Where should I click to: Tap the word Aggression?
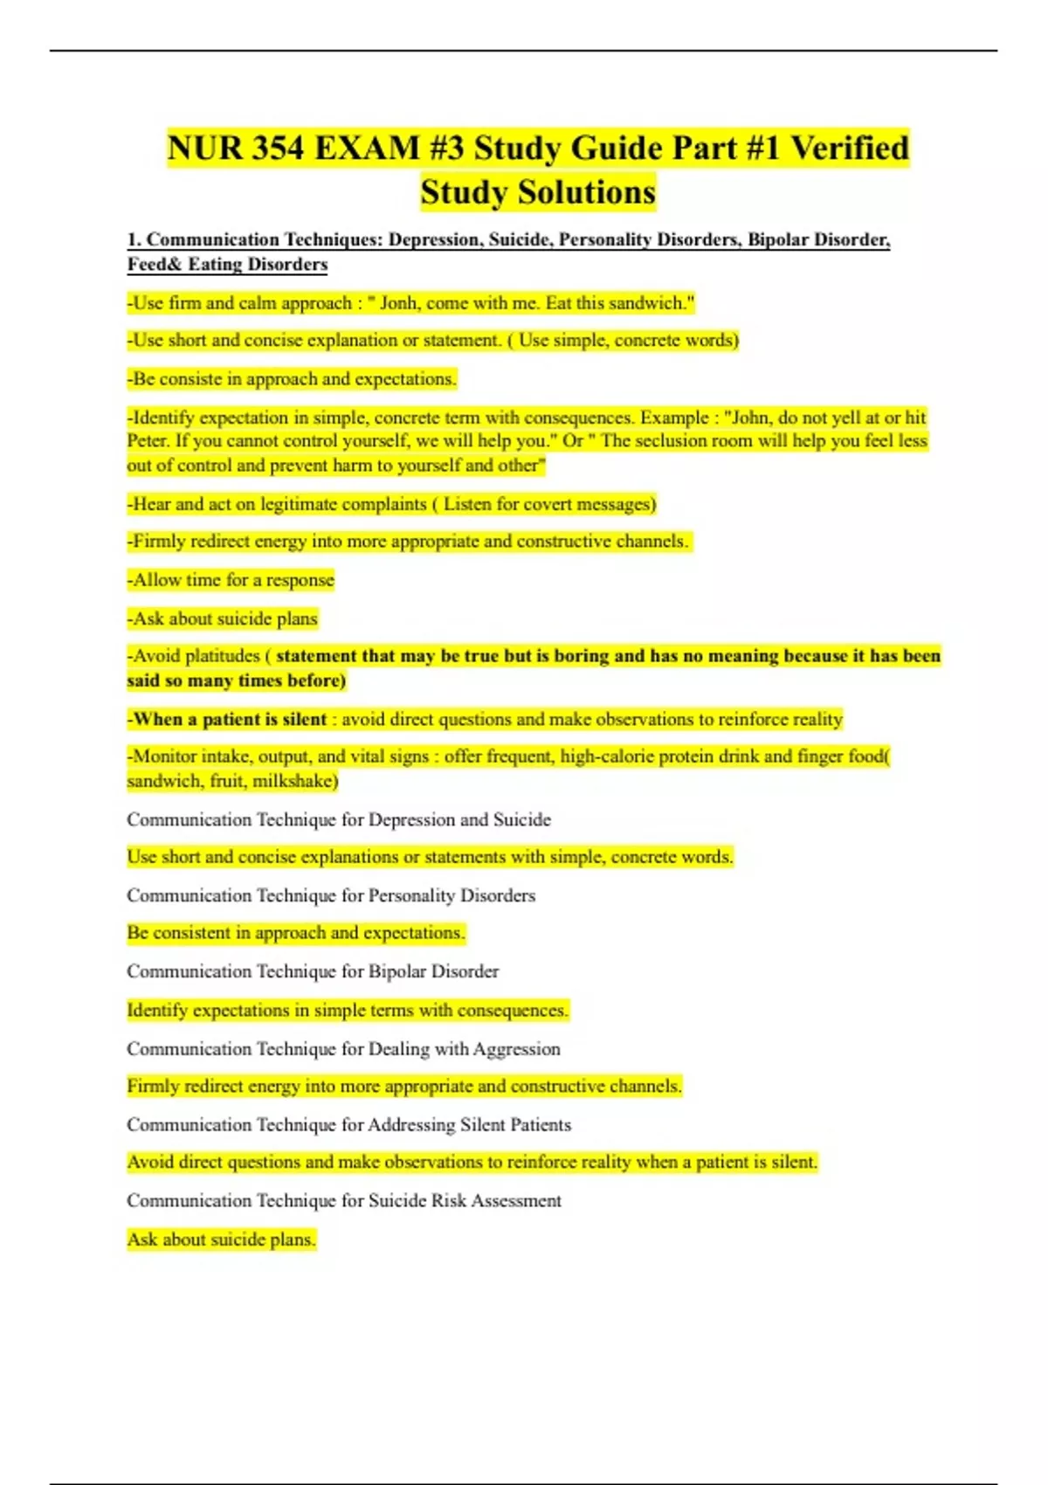pyautogui.click(x=516, y=1048)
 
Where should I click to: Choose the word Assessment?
pyautogui.click(x=516, y=1201)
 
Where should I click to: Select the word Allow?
pyautogui.click(x=157, y=580)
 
